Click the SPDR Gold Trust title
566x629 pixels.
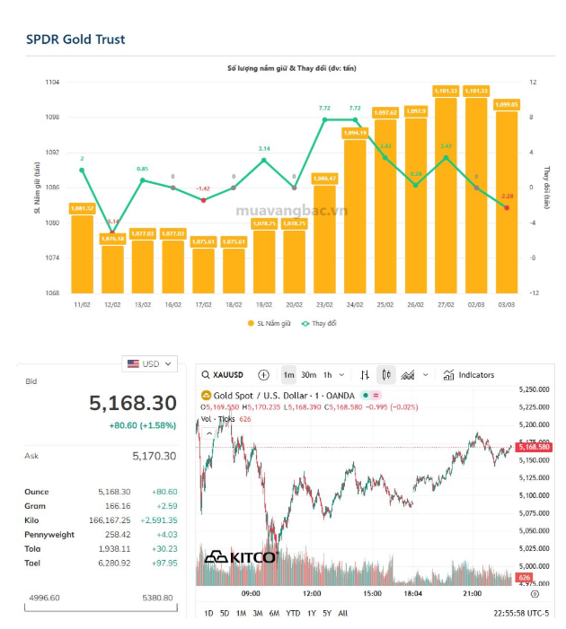(75, 39)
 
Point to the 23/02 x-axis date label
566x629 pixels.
(324, 305)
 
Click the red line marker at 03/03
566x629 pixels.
(507, 207)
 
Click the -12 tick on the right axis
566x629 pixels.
(533, 293)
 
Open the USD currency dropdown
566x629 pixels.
(149, 363)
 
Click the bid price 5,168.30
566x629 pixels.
(133, 404)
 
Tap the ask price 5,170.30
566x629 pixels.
(154, 457)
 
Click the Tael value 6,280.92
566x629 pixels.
(114, 563)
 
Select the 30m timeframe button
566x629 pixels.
(308, 375)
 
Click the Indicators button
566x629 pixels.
(469, 375)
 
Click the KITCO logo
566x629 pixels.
(240, 556)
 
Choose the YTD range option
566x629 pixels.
(293, 613)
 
